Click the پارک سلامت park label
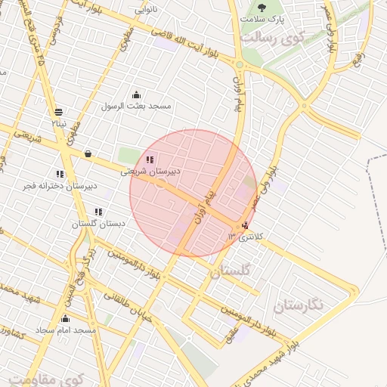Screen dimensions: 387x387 point(262,18)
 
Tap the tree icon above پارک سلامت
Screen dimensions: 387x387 point(262,7)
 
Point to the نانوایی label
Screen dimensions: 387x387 point(147,10)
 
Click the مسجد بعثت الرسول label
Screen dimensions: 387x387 point(137,106)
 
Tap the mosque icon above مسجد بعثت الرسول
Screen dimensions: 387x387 point(136,94)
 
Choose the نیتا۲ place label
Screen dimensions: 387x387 point(60,122)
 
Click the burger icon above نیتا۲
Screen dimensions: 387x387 point(59,112)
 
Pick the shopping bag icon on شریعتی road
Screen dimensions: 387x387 point(88,154)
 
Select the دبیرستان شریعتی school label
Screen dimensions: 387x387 point(151,172)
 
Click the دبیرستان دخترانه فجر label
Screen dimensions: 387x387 point(60,185)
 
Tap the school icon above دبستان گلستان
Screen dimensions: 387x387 point(98,212)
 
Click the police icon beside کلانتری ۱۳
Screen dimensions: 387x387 point(243,225)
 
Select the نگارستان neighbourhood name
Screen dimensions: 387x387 point(298,305)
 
